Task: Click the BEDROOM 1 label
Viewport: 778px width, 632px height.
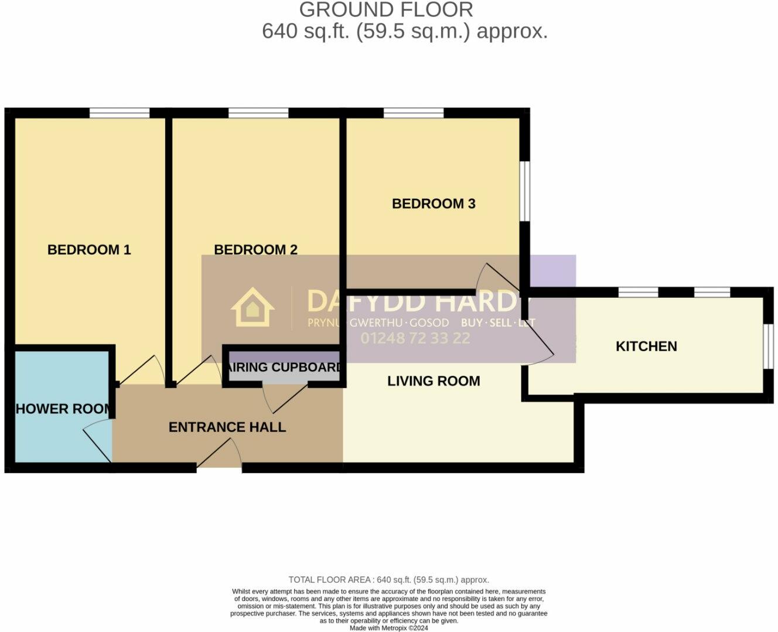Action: [89, 250]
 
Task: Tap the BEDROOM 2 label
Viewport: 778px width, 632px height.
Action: [255, 250]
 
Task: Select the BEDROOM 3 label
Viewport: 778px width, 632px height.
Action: [434, 204]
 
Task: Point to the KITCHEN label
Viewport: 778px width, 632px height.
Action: [646, 346]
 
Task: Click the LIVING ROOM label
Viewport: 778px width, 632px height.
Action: [434, 381]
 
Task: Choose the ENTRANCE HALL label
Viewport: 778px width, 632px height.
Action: [227, 427]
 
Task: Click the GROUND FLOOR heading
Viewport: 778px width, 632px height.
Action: [386, 10]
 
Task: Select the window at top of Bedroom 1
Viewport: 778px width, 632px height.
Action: [120, 113]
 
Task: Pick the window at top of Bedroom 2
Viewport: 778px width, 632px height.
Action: [258, 113]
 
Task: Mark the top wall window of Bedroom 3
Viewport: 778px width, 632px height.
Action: [414, 113]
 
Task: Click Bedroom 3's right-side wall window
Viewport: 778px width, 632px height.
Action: [526, 192]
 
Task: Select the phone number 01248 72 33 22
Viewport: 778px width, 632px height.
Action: [415, 338]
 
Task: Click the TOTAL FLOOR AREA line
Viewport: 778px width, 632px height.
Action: [388, 580]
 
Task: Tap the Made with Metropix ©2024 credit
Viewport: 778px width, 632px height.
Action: [388, 628]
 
